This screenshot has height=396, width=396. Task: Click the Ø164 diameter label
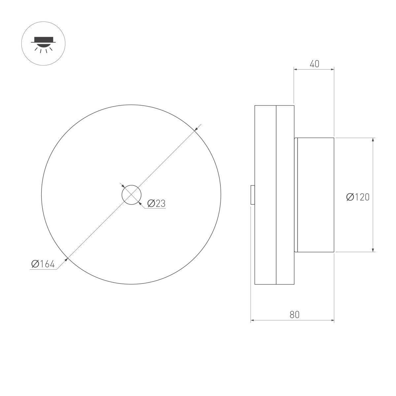(43, 264)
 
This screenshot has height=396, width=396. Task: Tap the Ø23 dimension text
(156, 204)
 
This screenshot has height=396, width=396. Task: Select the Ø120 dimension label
(358, 197)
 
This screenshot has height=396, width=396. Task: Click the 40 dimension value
(314, 64)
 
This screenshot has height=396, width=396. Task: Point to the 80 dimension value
(294, 314)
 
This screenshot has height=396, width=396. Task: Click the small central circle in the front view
(131, 195)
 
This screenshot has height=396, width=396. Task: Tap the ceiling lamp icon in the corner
(43, 44)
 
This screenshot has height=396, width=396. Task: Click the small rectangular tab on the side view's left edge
(252, 195)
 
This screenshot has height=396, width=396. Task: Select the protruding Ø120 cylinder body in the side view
(315, 195)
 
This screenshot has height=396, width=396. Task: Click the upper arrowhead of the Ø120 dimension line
(373, 140)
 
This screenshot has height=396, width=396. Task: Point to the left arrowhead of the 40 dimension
(296, 69)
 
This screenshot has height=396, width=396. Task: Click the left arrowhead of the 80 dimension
(253, 320)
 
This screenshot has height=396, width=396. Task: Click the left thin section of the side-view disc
(265, 195)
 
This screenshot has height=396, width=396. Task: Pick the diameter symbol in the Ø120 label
(350, 197)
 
